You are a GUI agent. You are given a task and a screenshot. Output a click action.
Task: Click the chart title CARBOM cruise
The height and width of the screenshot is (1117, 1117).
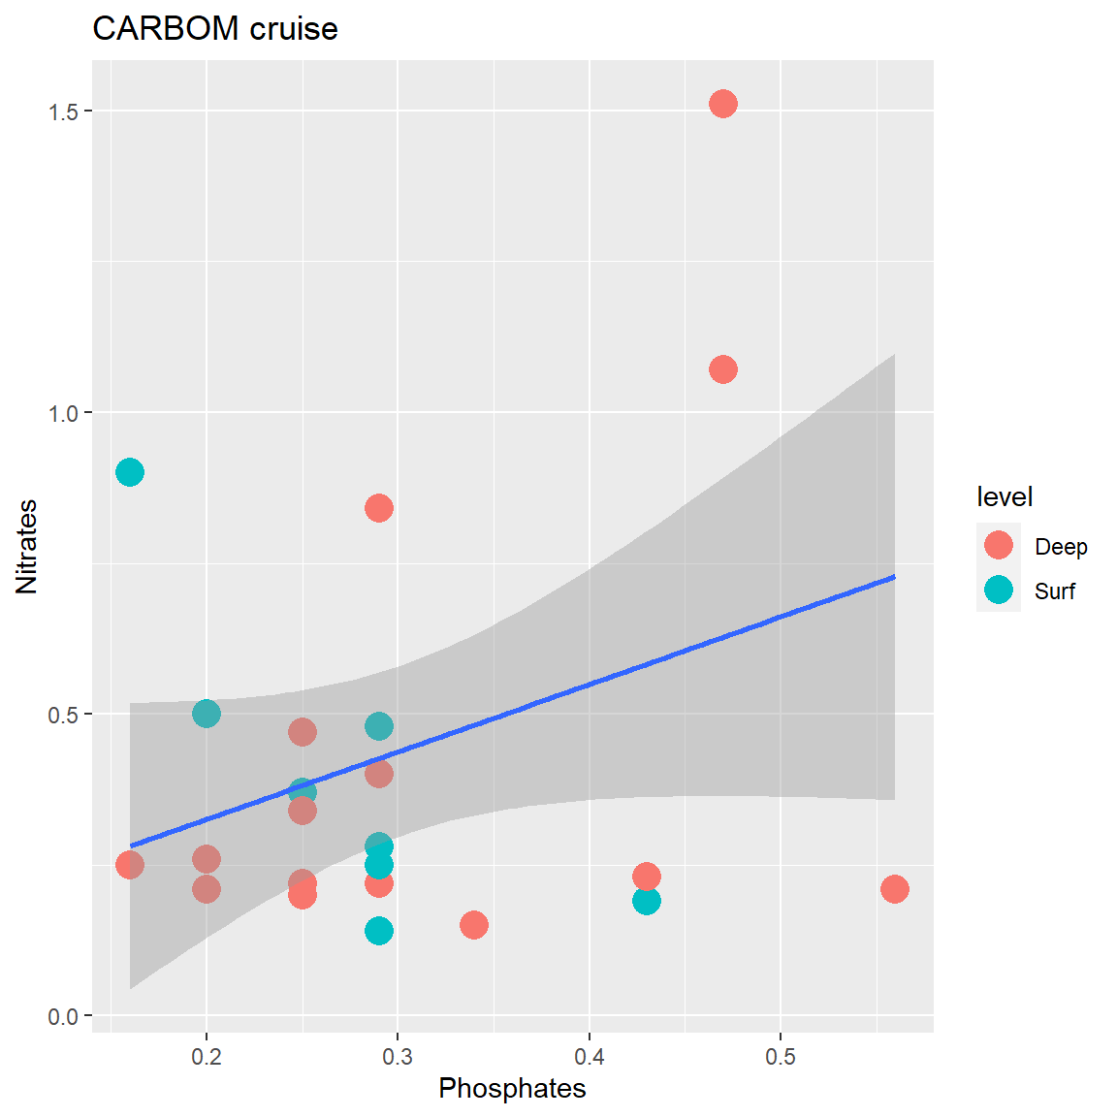click(215, 29)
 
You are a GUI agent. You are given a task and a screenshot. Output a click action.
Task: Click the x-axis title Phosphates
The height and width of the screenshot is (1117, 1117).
click(512, 1088)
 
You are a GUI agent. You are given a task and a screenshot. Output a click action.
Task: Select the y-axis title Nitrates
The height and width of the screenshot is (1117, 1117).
click(26, 546)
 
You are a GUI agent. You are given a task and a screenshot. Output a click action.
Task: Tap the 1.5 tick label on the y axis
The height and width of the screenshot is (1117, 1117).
click(63, 112)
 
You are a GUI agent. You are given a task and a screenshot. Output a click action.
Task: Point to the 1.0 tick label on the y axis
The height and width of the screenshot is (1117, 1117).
click(63, 413)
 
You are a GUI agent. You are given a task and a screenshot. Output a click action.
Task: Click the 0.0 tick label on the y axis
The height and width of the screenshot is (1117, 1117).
click(63, 1016)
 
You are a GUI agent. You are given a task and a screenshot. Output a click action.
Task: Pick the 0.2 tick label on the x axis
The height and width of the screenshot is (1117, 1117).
click(207, 1057)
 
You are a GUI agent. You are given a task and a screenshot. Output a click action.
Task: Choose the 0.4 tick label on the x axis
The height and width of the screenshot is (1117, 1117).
click(590, 1057)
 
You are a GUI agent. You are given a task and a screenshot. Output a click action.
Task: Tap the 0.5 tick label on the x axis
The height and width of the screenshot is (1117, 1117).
click(781, 1057)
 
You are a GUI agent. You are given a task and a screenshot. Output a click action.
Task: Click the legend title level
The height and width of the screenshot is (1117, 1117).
click(1005, 497)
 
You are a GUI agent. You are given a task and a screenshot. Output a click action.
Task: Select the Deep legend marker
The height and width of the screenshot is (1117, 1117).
click(999, 545)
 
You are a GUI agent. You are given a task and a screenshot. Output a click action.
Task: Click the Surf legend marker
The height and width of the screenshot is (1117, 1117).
click(999, 590)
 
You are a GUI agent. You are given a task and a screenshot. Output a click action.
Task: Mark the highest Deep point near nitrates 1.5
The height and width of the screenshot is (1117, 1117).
click(723, 104)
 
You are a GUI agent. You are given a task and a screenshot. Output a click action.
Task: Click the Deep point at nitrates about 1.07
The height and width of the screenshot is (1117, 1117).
click(723, 369)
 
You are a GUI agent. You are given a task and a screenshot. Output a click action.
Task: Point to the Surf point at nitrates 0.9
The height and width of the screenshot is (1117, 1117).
click(130, 472)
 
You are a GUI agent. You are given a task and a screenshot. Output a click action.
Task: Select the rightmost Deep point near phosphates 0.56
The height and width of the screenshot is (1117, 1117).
click(895, 889)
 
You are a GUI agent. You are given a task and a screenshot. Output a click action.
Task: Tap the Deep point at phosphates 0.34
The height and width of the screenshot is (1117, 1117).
click(474, 925)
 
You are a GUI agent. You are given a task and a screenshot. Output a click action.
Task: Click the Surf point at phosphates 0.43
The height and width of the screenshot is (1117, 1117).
click(647, 901)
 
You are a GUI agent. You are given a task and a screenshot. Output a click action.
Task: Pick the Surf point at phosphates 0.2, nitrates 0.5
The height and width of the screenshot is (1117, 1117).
click(207, 714)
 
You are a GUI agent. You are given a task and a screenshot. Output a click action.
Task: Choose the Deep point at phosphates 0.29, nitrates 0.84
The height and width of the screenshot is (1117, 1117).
click(379, 508)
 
